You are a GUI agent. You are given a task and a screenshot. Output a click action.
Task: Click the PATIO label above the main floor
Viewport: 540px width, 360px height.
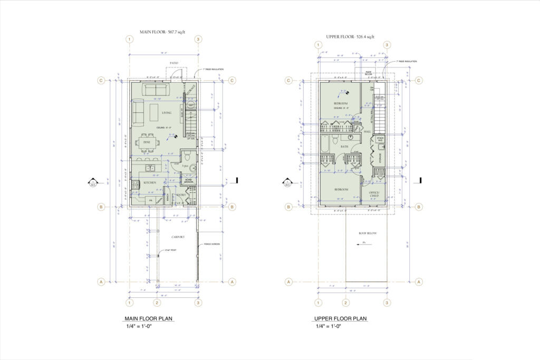pyautogui.click(x=173, y=63)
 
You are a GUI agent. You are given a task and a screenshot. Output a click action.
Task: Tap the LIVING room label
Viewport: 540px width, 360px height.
pyautogui.click(x=167, y=113)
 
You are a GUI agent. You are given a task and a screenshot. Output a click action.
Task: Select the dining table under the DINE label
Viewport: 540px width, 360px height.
pyautogui.click(x=147, y=142)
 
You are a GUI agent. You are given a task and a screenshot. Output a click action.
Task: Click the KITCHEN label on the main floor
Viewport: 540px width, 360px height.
pyautogui.click(x=150, y=183)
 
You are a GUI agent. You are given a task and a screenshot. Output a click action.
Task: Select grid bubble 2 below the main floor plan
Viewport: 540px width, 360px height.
pyautogui.click(x=157, y=303)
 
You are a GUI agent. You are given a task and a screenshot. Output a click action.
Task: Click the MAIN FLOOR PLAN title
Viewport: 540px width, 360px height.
pyautogui.click(x=148, y=319)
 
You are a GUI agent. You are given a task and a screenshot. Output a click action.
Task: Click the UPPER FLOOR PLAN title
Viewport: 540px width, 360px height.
pyautogui.click(x=340, y=319)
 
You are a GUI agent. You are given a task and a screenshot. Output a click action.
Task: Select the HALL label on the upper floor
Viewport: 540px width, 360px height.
pyautogui.click(x=368, y=132)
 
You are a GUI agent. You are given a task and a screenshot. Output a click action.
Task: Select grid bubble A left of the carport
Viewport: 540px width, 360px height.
pyautogui.click(x=100, y=282)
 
